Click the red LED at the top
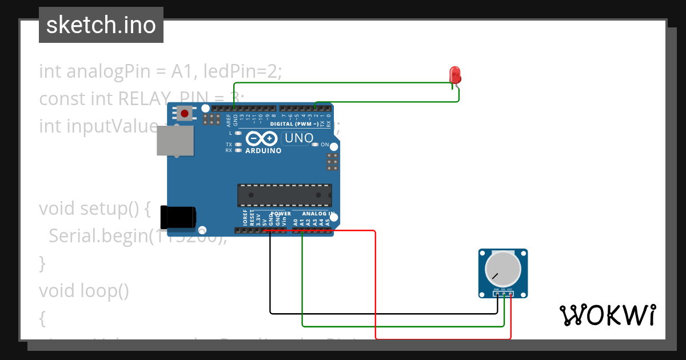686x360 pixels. [x=455, y=75]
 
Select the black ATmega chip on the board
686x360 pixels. [x=284, y=195]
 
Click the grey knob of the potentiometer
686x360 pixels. [x=502, y=269]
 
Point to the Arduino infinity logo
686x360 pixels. [x=262, y=139]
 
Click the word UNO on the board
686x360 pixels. [x=299, y=138]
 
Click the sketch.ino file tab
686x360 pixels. [x=101, y=25]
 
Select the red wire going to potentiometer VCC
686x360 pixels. [x=375, y=286]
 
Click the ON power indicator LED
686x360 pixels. [x=315, y=145]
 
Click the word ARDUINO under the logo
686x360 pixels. [x=263, y=151]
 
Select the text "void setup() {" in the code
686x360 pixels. [x=94, y=209]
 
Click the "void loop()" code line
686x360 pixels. [x=83, y=291]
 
